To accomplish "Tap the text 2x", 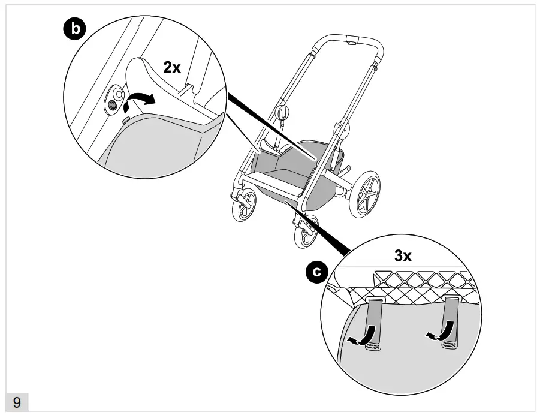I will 172,67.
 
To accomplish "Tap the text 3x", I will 402,256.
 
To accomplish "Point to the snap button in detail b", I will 112,103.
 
